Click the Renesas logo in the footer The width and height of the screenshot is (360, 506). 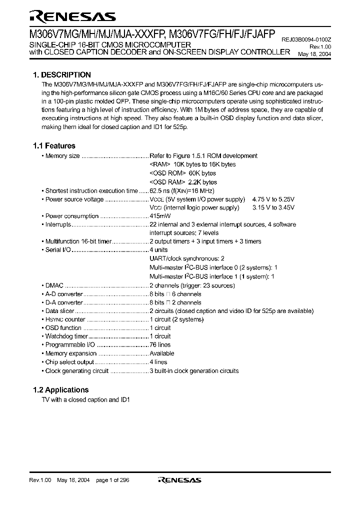coord(179,480)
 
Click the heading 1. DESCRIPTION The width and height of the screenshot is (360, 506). coord(61,75)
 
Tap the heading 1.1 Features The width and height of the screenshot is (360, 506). coord(54,146)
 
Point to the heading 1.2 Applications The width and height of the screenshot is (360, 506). coord(60,390)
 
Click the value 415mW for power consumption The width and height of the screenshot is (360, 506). coord(160,216)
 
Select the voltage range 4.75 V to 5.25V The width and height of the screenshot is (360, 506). coord(273,199)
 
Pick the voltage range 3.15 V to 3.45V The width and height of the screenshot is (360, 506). coord(273,207)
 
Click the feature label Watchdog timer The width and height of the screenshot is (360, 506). coord(66,336)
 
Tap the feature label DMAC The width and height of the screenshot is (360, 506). coord(54,285)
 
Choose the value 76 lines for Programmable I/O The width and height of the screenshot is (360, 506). coord(160,344)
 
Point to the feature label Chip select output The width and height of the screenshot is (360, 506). coord(69,362)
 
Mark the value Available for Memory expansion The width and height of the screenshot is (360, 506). coord(162,353)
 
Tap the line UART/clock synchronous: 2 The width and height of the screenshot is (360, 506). coord(183,258)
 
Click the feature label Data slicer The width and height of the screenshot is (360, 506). coord(59,311)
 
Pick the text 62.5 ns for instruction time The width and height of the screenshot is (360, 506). coord(160,190)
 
